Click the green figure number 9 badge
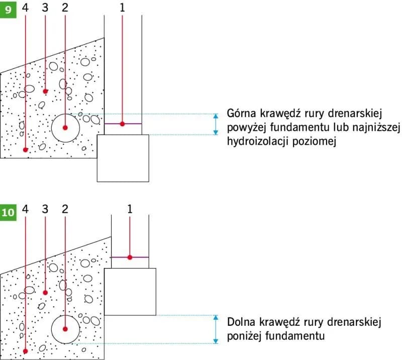click(8, 9)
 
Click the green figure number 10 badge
click(8, 213)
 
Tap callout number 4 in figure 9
click(25, 8)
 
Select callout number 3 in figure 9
click(45, 8)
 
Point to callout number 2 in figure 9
click(64, 8)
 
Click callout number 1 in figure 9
click(122, 8)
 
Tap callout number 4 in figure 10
click(25, 209)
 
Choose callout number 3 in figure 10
click(45, 209)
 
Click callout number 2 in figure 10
click(64, 209)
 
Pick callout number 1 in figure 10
click(130, 209)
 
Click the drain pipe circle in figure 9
click(65, 128)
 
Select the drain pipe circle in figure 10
click(65, 329)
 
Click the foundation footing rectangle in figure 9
click(123, 158)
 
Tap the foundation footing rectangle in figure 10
click(130, 292)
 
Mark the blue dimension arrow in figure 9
click(216, 124)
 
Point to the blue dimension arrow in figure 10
click(216, 329)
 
